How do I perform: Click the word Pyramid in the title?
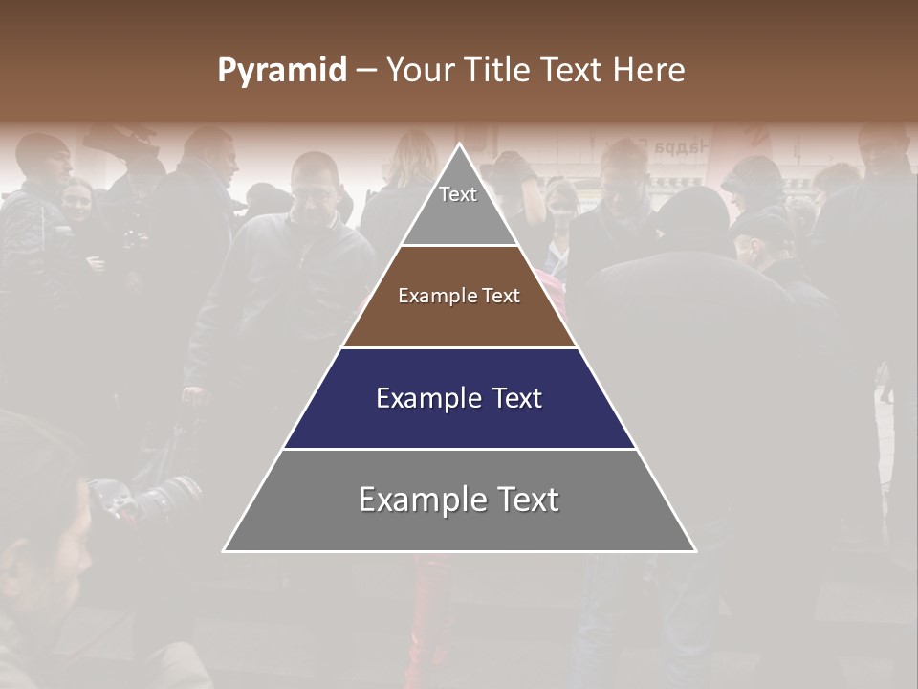click(x=281, y=71)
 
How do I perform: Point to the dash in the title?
click(x=366, y=71)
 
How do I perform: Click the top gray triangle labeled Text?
click(x=458, y=205)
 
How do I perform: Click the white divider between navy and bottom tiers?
click(x=459, y=449)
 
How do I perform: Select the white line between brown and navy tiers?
click(x=459, y=347)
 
